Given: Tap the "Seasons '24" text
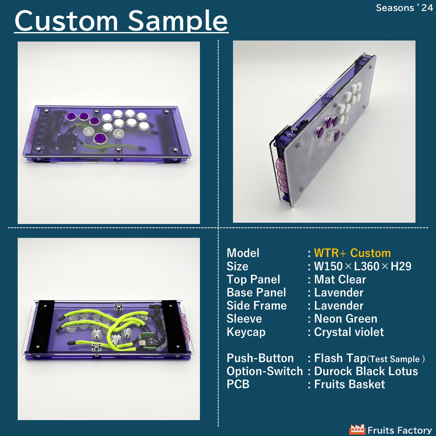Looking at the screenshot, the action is [404, 8].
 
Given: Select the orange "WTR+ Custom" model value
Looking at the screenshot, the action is [352, 253].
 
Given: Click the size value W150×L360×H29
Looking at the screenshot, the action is [363, 266].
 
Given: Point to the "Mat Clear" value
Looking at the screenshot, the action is [340, 279].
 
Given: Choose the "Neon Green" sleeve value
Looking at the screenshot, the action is [346, 319].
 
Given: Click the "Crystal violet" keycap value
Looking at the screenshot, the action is [349, 332].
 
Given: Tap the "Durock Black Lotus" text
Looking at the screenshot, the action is [366, 371].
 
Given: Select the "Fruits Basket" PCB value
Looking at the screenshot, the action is [350, 384].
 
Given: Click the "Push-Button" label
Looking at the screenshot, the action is [260, 358].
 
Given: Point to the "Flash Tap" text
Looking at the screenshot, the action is [340, 358].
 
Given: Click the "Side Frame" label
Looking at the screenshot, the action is [257, 306].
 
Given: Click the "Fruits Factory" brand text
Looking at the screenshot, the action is [400, 430].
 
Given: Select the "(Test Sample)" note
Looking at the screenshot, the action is [396, 359].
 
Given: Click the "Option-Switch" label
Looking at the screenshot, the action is [265, 371].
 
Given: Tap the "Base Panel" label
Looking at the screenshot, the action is [256, 292].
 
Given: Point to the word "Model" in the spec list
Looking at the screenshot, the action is [243, 253].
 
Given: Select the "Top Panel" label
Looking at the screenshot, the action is [253, 279].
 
